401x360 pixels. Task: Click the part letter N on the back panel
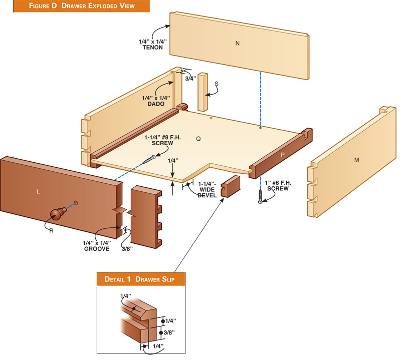pyautogui.click(x=238, y=44)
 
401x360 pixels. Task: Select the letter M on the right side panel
pyautogui.click(x=356, y=160)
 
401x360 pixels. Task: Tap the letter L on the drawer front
pyautogui.click(x=38, y=192)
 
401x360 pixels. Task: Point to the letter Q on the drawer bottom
pyautogui.click(x=198, y=139)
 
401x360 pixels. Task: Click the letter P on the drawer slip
pyautogui.click(x=283, y=155)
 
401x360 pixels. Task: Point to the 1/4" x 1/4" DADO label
pyautogui.click(x=156, y=101)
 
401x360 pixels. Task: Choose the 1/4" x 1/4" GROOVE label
pyautogui.click(x=97, y=246)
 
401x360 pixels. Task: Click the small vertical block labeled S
pyautogui.click(x=203, y=92)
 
